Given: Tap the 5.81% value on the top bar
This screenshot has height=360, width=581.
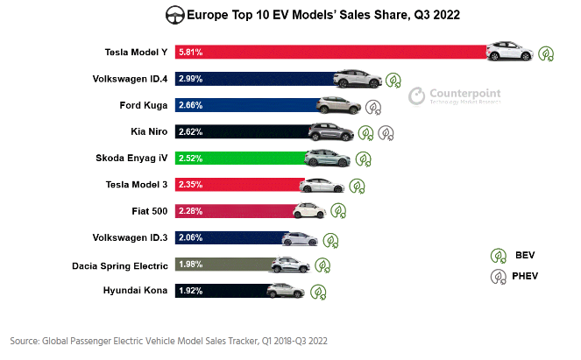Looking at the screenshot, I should pyautogui.click(x=191, y=53).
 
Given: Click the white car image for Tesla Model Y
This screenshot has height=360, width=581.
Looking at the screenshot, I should pyautogui.click(x=509, y=52).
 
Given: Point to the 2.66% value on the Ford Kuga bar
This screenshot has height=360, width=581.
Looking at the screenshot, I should pyautogui.click(x=191, y=106).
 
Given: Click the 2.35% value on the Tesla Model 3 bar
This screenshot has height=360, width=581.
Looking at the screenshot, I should pyautogui.click(x=191, y=185).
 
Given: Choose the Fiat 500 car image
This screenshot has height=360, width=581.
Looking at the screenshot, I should pyautogui.click(x=308, y=210).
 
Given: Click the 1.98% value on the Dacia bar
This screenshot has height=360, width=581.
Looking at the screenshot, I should pyautogui.click(x=191, y=265).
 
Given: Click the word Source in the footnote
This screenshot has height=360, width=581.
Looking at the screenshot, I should pyautogui.click(x=25, y=340).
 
